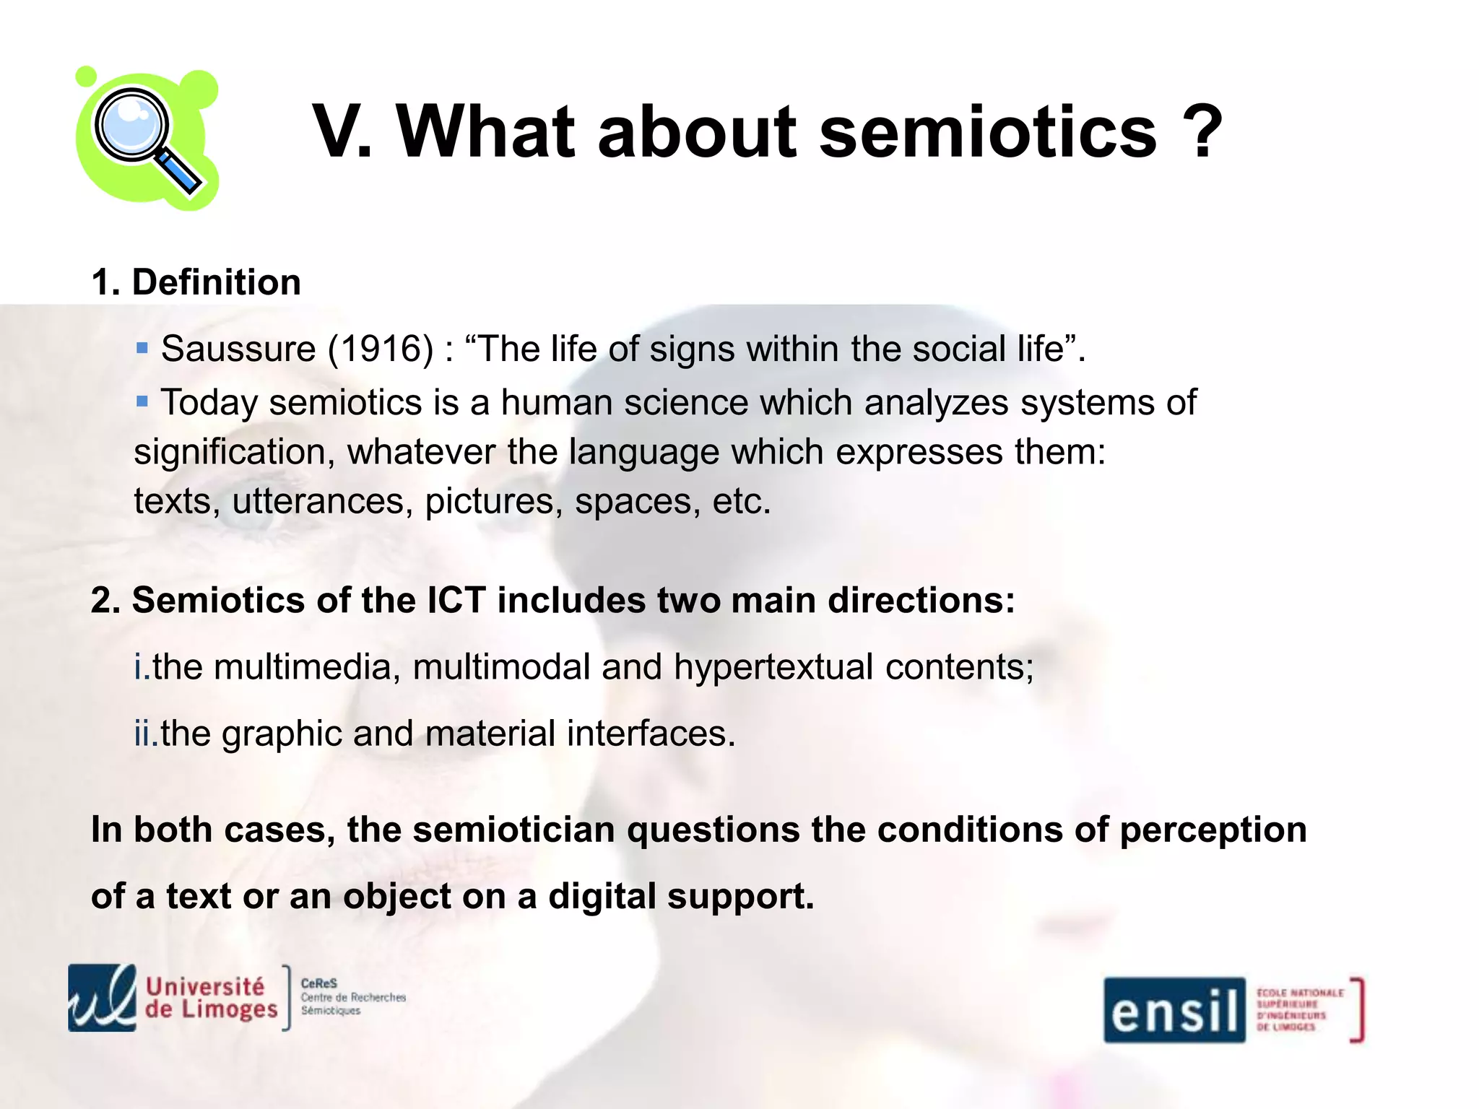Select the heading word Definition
pyautogui.click(x=217, y=282)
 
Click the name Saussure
pyautogui.click(x=238, y=349)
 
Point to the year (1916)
pyautogui.click(x=381, y=349)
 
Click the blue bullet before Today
pyautogui.click(x=142, y=401)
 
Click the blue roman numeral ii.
pyautogui.click(x=145, y=734)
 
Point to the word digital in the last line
pyautogui.click(x=602, y=897)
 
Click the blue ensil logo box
pyautogui.click(x=1174, y=1010)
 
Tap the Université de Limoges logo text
pyautogui.click(x=211, y=998)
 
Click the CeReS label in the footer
pyautogui.click(x=318, y=983)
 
